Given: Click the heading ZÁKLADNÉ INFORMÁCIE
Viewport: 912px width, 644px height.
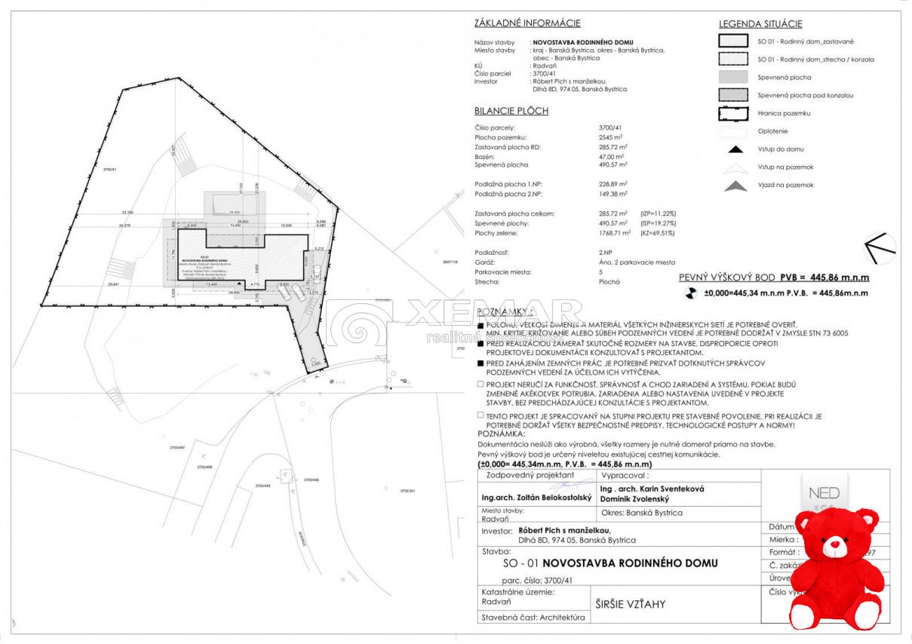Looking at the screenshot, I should [x=527, y=23].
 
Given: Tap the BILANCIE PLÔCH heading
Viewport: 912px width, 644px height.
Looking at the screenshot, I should [x=511, y=111].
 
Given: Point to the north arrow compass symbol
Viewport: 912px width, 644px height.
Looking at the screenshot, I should [x=880, y=247].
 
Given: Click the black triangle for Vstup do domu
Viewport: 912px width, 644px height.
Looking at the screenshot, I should [x=735, y=149].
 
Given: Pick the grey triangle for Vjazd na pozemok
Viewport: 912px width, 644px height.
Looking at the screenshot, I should [x=735, y=186].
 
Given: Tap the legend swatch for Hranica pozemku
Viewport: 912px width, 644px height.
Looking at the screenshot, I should [x=735, y=113].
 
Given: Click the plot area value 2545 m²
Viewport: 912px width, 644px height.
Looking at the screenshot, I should [x=610, y=138].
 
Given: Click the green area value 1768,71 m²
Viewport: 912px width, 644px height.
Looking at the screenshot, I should [x=614, y=233].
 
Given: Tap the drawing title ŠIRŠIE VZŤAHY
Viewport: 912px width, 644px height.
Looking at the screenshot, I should [x=630, y=604].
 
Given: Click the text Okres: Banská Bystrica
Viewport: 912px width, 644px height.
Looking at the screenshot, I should [x=642, y=513].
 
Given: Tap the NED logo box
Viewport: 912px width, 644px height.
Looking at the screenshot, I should [x=824, y=493].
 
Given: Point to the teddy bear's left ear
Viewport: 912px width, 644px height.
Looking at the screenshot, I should [x=806, y=522].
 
